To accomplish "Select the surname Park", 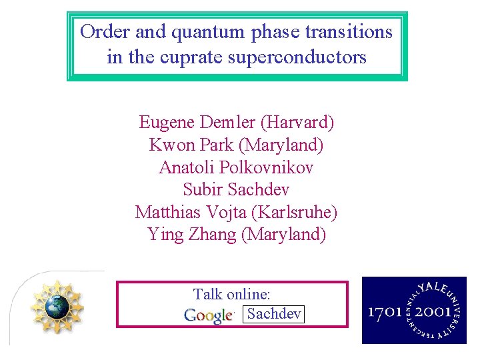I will (211, 145).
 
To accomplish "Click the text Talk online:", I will (231, 294).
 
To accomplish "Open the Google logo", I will (209, 315).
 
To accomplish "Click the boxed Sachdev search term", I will (274, 314).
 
